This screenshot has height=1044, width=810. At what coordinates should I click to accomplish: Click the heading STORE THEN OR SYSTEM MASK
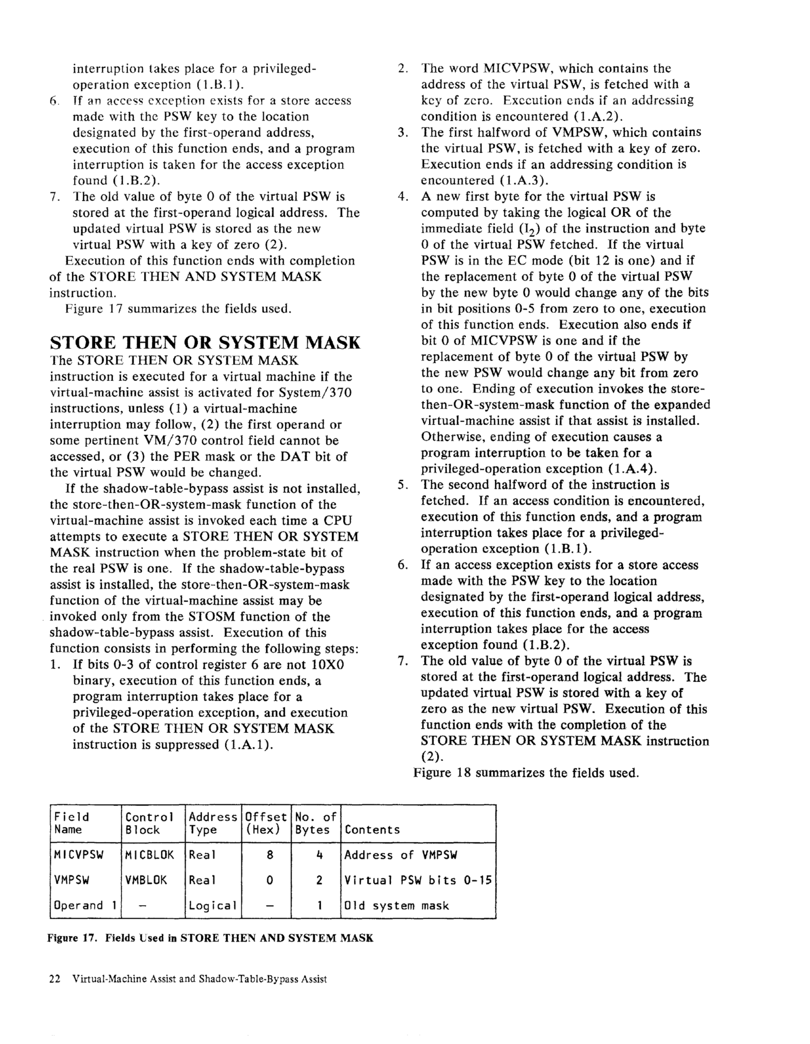pyautogui.click(x=205, y=343)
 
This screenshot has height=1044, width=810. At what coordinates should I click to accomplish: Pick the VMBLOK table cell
pyautogui.click(x=146, y=880)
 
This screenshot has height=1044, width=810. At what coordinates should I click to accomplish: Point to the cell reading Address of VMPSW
pyautogui.click(x=401, y=855)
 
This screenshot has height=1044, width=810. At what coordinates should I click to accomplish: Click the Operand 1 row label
pyautogui.click(x=85, y=905)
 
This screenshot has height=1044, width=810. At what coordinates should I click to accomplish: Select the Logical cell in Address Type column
pyautogui.click(x=212, y=905)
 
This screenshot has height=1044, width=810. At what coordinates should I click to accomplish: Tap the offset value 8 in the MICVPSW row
pyautogui.click(x=270, y=855)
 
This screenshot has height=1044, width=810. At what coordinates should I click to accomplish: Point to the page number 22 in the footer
pyautogui.click(x=55, y=979)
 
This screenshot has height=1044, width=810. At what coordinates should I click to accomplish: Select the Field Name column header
pyautogui.click(x=72, y=823)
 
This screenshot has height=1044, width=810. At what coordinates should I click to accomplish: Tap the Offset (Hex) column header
pyautogui.click(x=266, y=823)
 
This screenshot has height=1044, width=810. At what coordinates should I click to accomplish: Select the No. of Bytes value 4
pyautogui.click(x=319, y=855)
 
